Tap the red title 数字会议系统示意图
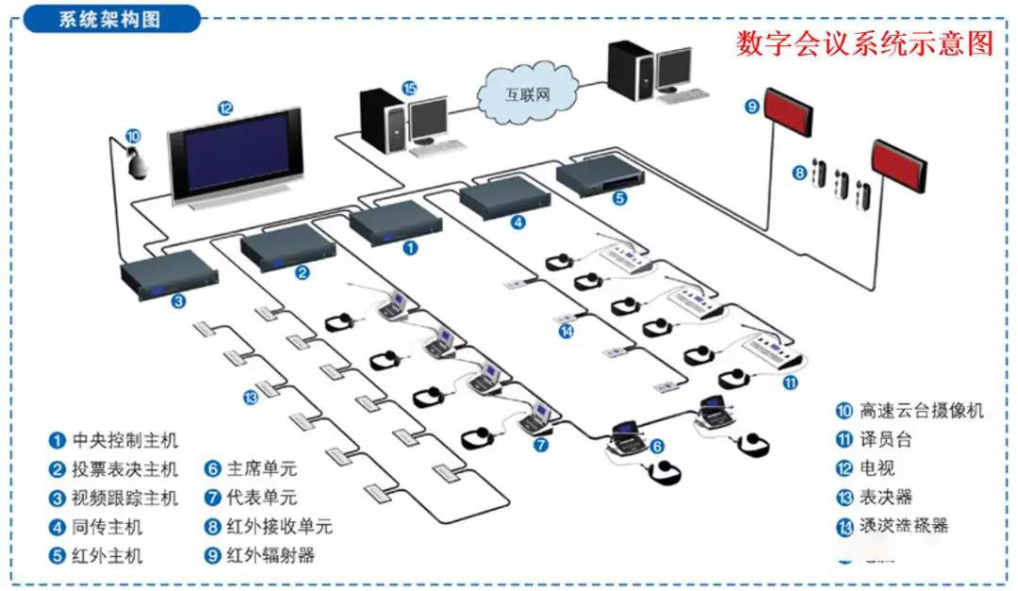click(864, 43)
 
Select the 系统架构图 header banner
click(111, 20)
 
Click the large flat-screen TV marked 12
click(236, 156)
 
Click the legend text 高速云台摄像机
click(921, 410)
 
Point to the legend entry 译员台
click(885, 439)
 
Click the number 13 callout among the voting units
click(250, 397)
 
